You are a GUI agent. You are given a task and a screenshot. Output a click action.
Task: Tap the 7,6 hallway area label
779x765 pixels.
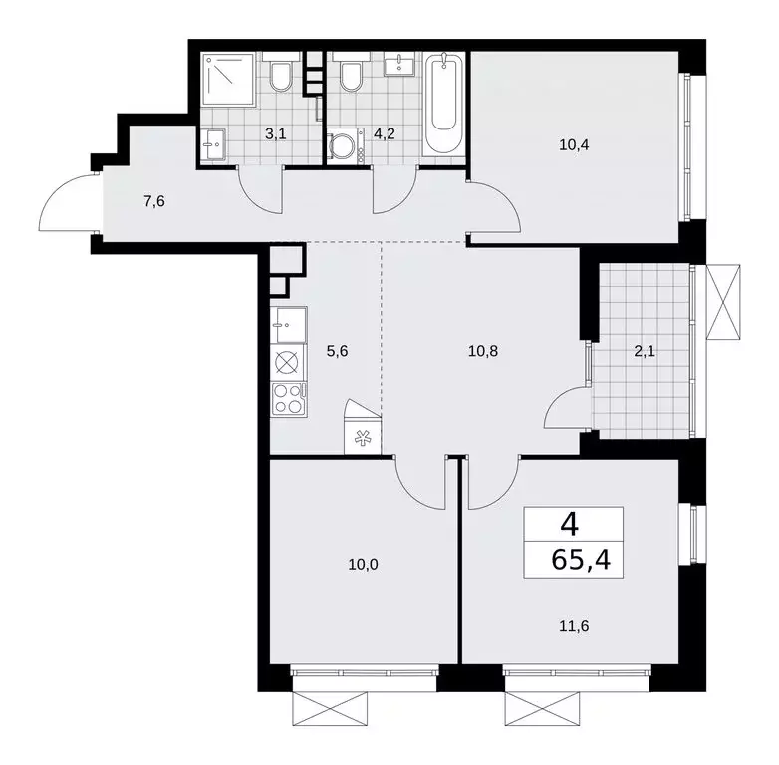[154, 202]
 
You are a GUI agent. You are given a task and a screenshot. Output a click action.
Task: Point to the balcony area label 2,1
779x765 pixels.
[638, 350]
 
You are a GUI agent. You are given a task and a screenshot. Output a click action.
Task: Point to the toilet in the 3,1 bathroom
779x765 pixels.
[280, 77]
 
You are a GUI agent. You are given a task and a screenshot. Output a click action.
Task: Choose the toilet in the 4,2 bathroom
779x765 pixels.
[350, 75]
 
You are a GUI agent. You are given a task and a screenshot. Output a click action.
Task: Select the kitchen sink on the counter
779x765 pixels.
[287, 324]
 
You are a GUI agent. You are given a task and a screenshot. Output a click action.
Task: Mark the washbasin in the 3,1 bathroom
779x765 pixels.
[211, 146]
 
